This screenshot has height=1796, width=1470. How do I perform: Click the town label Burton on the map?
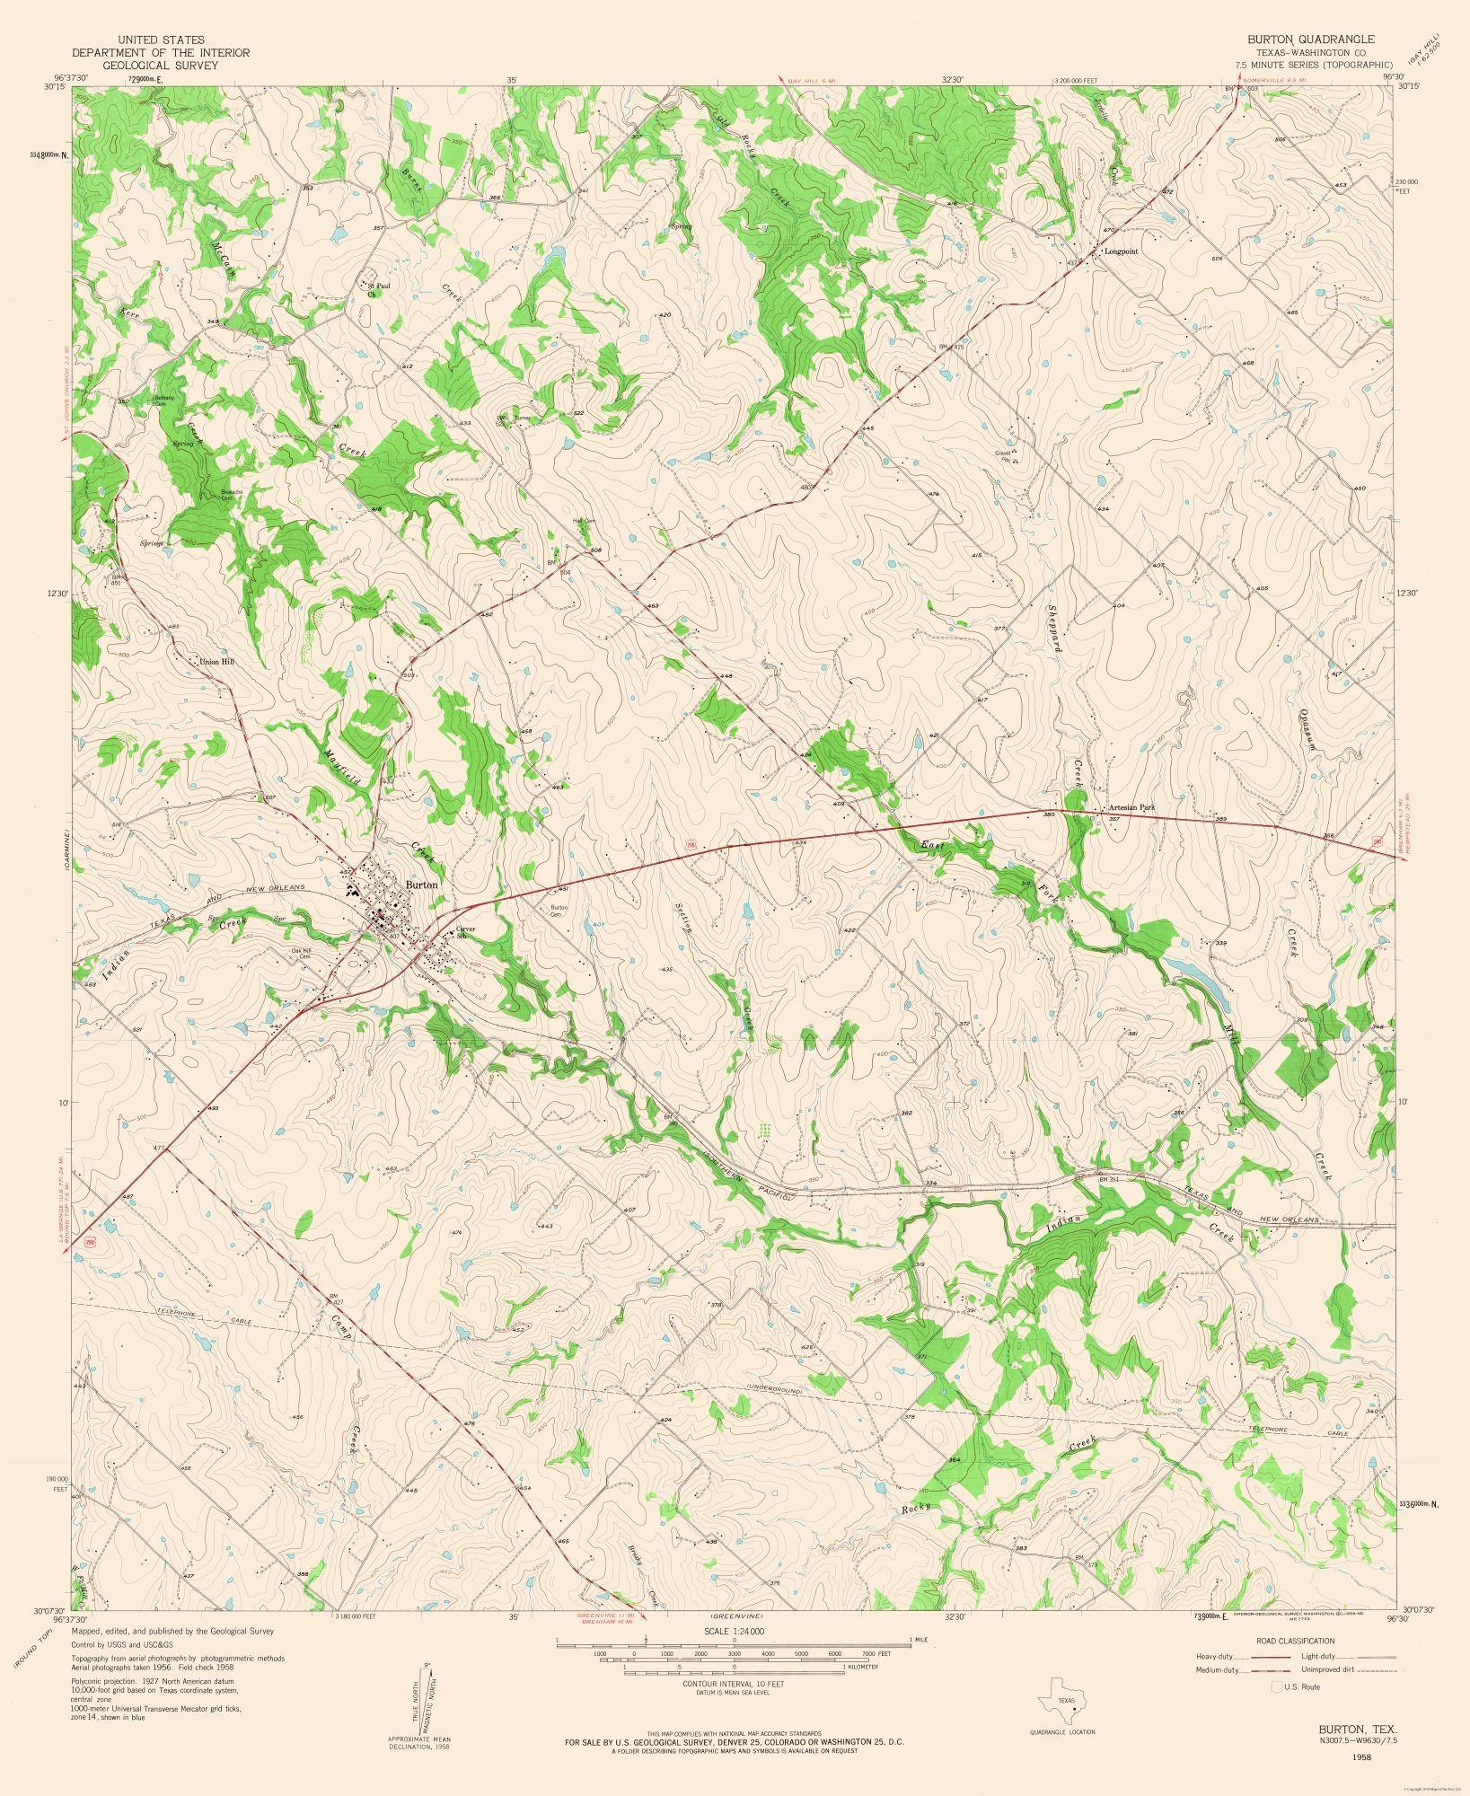[422, 885]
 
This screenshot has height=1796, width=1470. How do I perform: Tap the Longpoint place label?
[1121, 251]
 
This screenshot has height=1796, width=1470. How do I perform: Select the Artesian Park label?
[1131, 807]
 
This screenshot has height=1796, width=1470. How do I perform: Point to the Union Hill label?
[216, 662]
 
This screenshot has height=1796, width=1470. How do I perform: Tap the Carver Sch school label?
[465, 932]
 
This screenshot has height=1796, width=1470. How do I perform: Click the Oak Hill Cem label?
[301, 954]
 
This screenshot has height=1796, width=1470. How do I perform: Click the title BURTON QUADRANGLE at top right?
[1310, 40]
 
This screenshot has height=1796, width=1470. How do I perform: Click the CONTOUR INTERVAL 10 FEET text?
[734, 1684]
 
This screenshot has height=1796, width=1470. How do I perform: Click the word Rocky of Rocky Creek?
[916, 1508]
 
